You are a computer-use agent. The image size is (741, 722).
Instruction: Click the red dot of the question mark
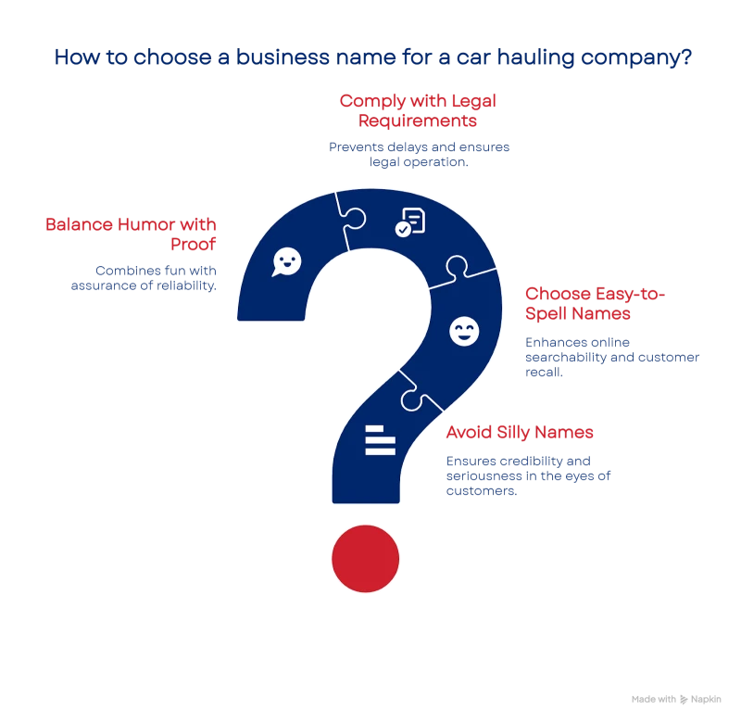click(365, 558)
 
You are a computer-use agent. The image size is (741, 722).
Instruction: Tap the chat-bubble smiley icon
click(286, 261)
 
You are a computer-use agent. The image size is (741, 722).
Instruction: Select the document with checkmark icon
click(410, 222)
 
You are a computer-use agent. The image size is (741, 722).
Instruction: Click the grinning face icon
click(463, 331)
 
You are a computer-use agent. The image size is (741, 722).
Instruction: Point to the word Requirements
click(408, 121)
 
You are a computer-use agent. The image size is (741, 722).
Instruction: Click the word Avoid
click(471, 433)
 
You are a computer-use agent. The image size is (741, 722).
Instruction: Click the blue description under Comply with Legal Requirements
click(420, 155)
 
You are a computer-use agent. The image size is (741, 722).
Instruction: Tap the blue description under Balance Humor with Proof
click(144, 279)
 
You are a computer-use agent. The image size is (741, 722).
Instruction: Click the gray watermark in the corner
click(677, 695)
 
